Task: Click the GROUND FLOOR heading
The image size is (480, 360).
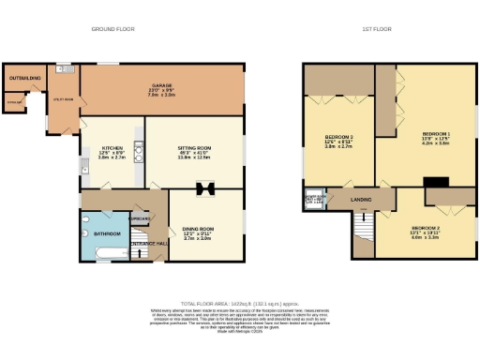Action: (x=112, y=29)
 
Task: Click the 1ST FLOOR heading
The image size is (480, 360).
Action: (x=376, y=29)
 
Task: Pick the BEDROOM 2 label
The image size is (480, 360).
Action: (x=425, y=228)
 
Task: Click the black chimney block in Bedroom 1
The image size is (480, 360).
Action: (x=435, y=182)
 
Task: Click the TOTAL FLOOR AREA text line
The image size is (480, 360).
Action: (x=239, y=304)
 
